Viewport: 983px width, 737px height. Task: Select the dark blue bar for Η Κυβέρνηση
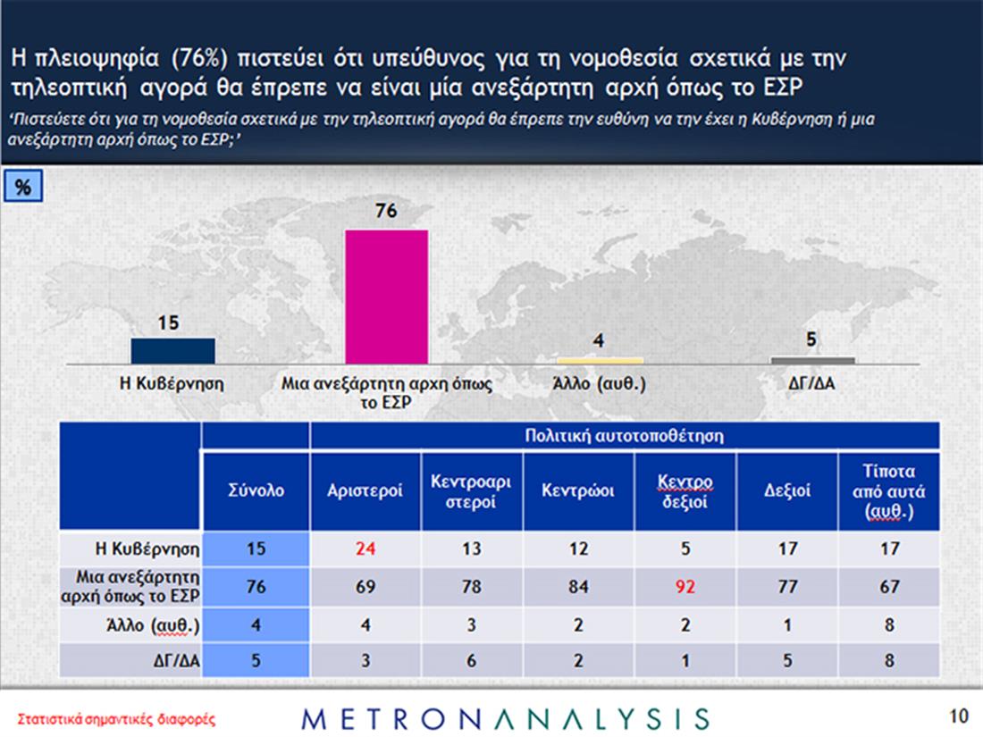coord(172,351)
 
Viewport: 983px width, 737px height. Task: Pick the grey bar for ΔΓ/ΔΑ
coord(812,361)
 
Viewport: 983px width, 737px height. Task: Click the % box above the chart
coord(24,188)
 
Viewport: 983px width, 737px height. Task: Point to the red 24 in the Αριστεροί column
coord(364,549)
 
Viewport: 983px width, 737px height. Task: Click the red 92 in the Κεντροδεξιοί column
coord(684,587)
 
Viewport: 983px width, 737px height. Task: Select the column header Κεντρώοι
coord(577,490)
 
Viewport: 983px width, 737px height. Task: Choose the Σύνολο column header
coord(256,490)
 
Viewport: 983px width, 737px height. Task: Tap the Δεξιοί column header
coord(787,490)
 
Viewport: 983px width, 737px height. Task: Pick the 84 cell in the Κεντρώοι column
coord(577,587)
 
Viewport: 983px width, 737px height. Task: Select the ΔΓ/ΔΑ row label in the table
coord(172,662)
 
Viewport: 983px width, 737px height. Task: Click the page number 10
coord(958,716)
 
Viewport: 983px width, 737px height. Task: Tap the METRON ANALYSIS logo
coord(507,718)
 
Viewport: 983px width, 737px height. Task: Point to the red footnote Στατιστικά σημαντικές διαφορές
coord(117,718)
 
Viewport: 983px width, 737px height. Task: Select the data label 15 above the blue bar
coord(169,324)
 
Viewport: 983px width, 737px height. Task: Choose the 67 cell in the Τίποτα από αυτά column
coord(889,587)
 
